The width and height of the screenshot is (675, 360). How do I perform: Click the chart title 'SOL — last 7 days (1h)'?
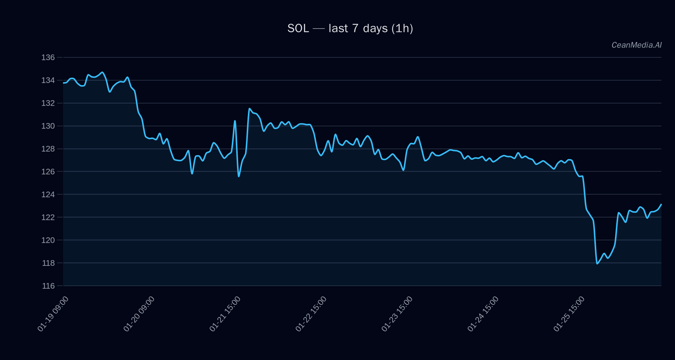tap(350, 28)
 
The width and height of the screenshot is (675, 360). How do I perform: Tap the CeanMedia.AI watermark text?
tap(636, 45)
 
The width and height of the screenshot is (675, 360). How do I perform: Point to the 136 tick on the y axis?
tap(48, 57)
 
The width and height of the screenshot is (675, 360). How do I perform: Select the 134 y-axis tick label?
tap(48, 80)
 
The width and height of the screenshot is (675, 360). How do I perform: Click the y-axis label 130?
tap(48, 126)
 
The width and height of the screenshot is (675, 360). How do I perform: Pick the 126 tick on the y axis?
tap(48, 172)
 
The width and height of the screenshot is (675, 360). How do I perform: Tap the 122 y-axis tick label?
tap(48, 217)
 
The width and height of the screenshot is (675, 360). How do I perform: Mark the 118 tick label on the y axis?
tap(48, 263)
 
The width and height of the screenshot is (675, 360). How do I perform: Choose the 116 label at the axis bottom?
tap(48, 286)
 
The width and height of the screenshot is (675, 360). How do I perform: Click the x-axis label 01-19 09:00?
tap(53, 314)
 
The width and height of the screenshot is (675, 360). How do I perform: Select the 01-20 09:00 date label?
tap(139, 314)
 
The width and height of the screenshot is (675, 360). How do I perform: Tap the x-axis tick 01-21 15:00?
tap(225, 314)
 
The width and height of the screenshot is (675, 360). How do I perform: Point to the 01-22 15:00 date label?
tap(311, 314)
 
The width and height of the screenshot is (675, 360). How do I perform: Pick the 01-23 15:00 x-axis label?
tap(397, 314)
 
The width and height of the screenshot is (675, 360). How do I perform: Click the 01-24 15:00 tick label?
tap(483, 314)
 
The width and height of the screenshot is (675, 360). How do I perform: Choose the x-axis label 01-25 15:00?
tap(569, 314)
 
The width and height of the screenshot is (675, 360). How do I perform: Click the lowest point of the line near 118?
tap(597, 264)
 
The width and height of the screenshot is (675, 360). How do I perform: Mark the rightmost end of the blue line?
tap(661, 204)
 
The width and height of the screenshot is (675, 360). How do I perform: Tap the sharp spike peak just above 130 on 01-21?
tap(235, 121)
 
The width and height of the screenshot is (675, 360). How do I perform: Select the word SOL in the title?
tap(298, 28)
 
